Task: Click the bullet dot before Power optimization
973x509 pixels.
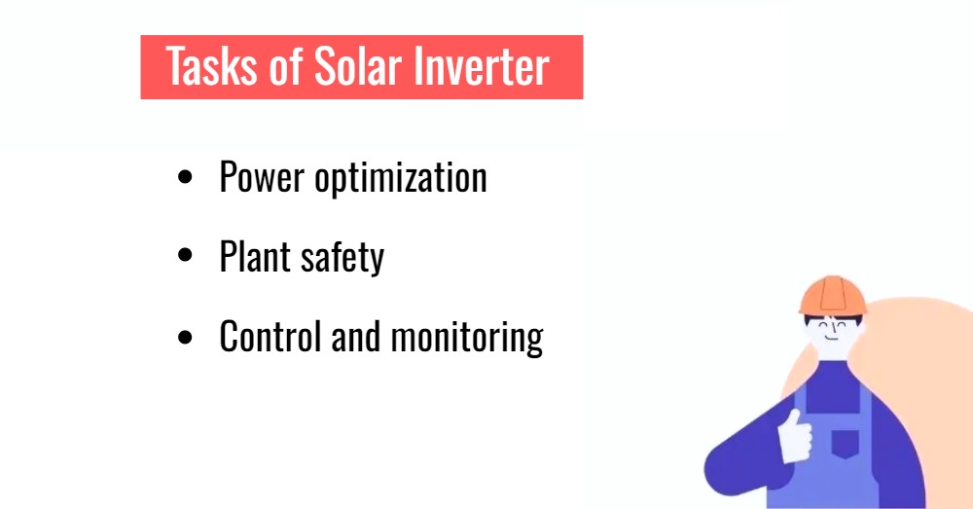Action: click(x=186, y=178)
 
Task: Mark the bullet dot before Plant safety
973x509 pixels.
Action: click(x=186, y=257)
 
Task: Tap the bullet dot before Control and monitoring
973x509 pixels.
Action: click(x=186, y=337)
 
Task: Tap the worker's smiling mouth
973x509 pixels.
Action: click(x=830, y=342)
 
